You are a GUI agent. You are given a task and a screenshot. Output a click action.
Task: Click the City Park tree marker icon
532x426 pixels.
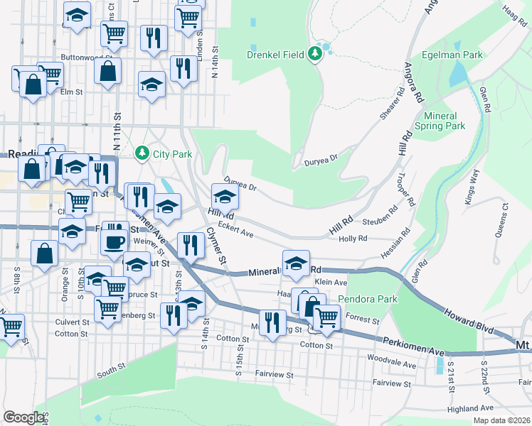(x=142, y=153)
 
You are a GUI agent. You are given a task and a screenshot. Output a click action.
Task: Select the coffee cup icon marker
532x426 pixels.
(x=114, y=242)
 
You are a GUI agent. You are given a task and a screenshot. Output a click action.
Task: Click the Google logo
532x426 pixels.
(x=23, y=417)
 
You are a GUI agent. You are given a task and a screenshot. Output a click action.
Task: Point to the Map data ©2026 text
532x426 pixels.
(x=501, y=420)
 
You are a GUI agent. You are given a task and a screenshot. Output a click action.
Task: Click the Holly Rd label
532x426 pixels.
(x=353, y=240)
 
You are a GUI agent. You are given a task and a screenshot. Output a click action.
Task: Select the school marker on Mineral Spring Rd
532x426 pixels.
(x=296, y=262)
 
